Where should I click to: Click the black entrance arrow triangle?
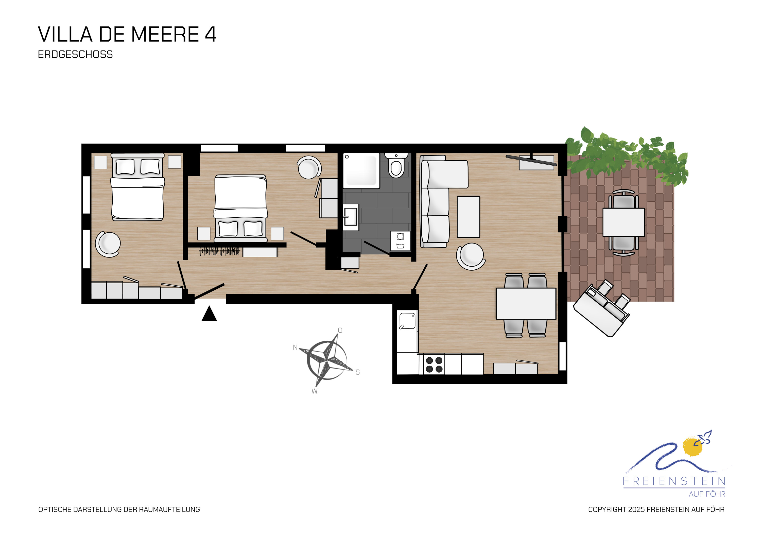point(209,314)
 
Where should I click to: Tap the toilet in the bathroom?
point(396,165)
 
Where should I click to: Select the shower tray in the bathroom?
point(361,171)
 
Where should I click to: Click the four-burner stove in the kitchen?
point(434,365)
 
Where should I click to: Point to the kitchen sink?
point(407,321)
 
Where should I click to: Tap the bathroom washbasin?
point(351,217)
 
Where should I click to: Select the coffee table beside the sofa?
point(468,217)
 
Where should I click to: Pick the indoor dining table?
point(526,304)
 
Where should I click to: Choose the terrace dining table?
point(624,222)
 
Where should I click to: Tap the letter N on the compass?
point(295,348)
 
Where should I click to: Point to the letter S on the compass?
point(358,372)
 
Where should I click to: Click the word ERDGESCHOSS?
point(75,54)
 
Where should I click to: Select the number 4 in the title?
point(211,34)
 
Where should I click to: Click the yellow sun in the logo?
point(693,447)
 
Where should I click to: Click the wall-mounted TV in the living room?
point(531,161)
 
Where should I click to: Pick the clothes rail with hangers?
point(219,251)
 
